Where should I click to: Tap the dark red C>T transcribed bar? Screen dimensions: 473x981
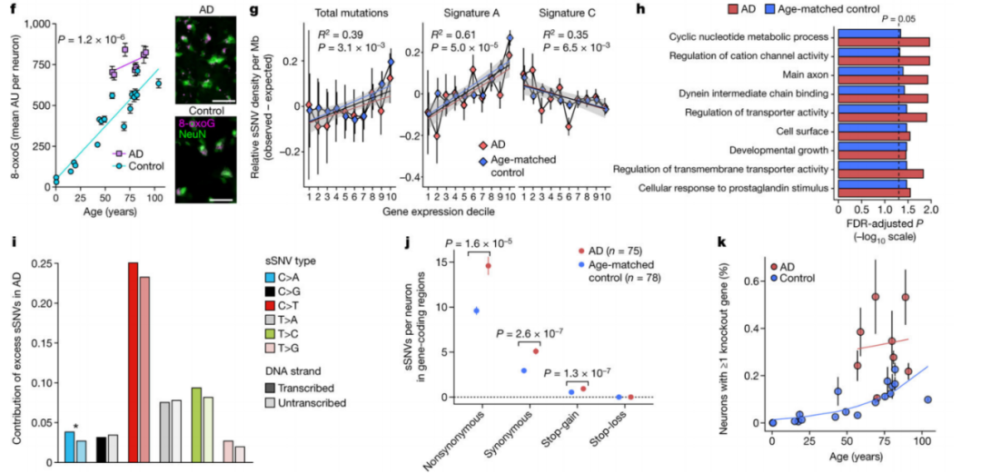[133, 362]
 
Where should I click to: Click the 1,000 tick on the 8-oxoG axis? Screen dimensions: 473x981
[35, 24]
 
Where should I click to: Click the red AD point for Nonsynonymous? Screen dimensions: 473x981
[488, 266]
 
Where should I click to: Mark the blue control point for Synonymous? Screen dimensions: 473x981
[523, 370]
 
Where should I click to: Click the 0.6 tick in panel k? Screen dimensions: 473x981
[750, 281]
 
